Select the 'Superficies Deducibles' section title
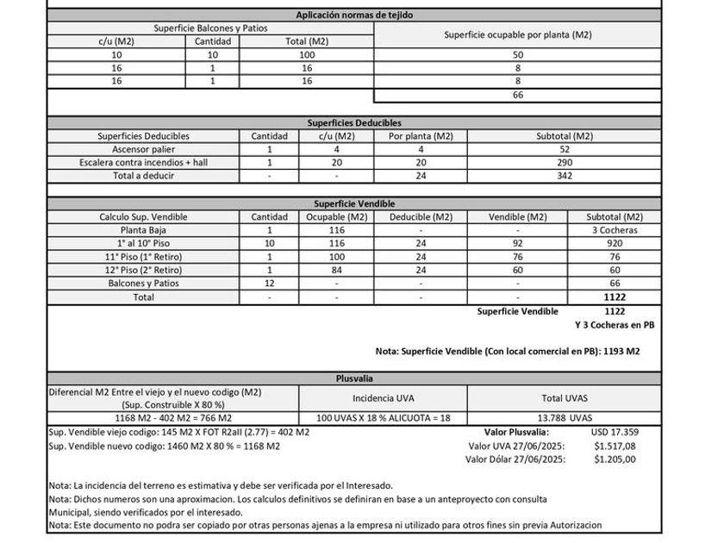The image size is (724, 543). coord(354,123)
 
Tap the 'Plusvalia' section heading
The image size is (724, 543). coord(353,378)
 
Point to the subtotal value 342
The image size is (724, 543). coord(565,175)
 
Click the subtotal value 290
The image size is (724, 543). coord(565,162)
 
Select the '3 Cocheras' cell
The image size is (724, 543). coord(614,231)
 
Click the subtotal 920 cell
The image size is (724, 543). coord(614,244)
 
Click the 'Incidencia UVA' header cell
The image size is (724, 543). coord(383,399)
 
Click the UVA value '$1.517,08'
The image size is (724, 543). coord(615,446)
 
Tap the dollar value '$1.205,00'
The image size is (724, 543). coord(615,459)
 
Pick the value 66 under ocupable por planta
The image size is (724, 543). coord(518,95)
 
